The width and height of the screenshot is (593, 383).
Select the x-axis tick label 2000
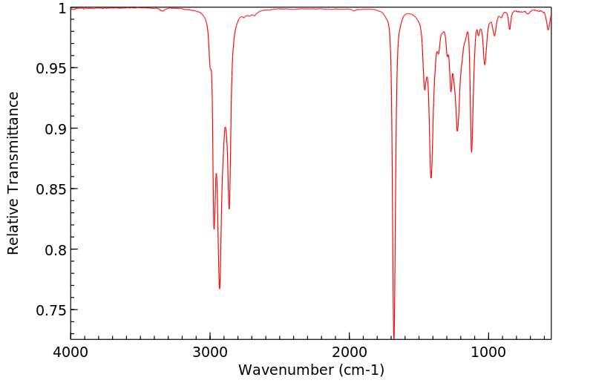click(350, 352)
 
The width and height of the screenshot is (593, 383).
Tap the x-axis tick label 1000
click(488, 352)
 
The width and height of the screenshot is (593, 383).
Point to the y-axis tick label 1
click(62, 8)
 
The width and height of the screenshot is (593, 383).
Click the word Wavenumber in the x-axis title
click(281, 370)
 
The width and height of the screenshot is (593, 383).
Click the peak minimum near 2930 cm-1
click(220, 288)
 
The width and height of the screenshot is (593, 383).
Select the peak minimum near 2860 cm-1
click(229, 209)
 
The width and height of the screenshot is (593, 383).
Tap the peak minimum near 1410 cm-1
click(431, 177)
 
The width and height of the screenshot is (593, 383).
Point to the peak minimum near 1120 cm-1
click(471, 152)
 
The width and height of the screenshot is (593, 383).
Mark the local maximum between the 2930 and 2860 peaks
click(225, 127)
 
